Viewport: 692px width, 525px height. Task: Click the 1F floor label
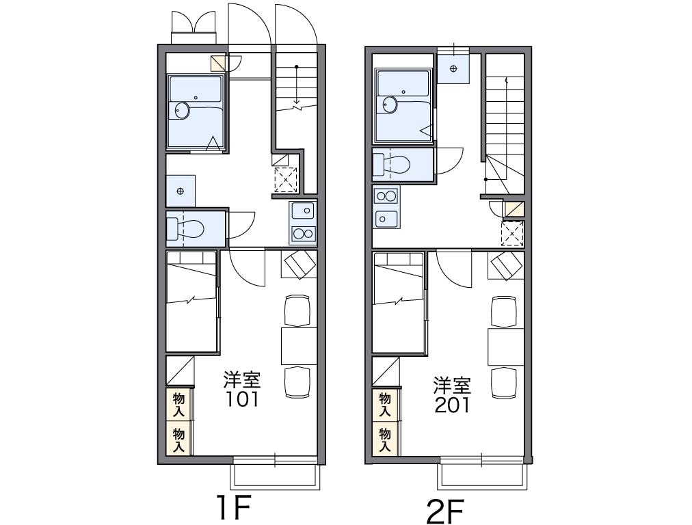234,507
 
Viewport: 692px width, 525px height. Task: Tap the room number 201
453,405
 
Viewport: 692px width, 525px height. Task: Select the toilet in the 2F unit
392,165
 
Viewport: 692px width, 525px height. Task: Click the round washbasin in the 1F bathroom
182,110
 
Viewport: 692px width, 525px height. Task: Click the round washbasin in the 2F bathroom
390,105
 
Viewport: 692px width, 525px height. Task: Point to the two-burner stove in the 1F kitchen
303,233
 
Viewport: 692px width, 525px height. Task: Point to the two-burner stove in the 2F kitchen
386,196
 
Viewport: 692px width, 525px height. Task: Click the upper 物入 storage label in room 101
178,404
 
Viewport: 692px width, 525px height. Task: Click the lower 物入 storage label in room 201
385,440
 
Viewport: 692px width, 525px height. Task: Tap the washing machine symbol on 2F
453,68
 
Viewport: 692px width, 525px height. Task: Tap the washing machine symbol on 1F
180,191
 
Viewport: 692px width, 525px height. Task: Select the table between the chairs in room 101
299,346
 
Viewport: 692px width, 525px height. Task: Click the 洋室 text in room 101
242,380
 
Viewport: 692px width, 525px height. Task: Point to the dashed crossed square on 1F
286,180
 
